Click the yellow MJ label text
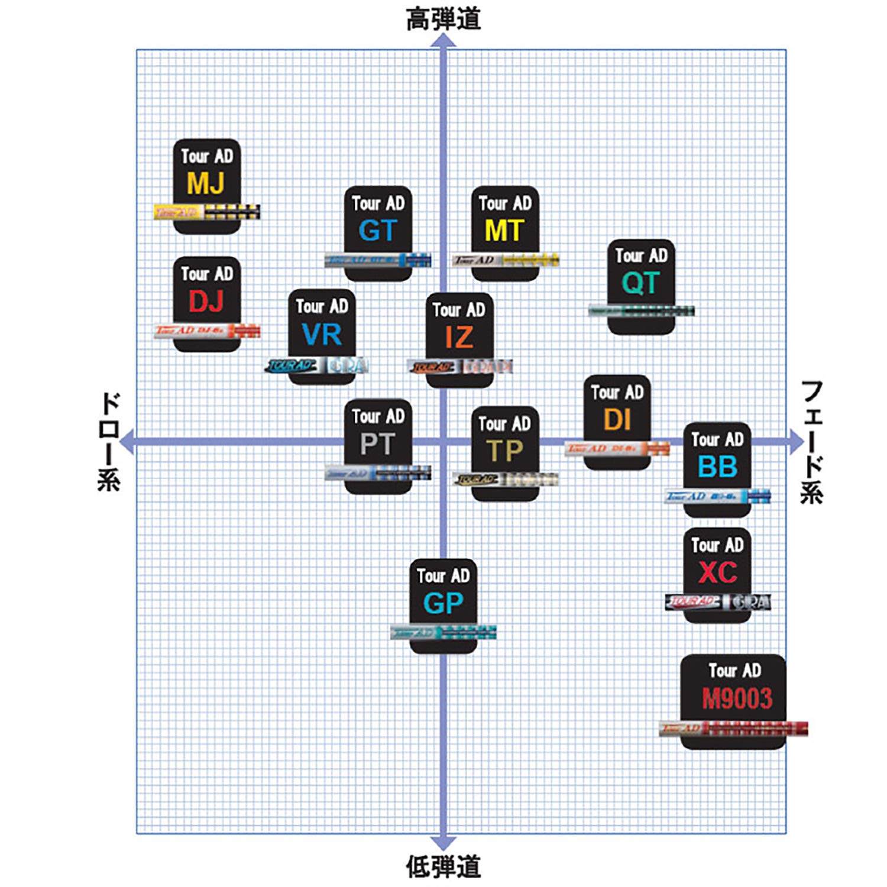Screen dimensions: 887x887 (x=206, y=183)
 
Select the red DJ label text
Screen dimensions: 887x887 (x=206, y=301)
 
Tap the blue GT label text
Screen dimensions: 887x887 (x=377, y=231)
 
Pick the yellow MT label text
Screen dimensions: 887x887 (x=504, y=231)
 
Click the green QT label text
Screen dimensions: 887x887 (x=640, y=283)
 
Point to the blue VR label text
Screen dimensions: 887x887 (x=322, y=335)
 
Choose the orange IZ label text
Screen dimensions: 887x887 (x=459, y=338)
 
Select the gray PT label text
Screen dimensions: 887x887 (x=377, y=444)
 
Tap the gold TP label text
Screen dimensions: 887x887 (x=504, y=451)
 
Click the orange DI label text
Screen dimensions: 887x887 (x=617, y=420)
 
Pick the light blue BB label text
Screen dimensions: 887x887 (x=717, y=467)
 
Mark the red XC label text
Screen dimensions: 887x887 (x=717, y=572)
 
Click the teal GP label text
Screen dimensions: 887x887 (x=443, y=604)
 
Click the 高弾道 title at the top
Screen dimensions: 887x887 (x=443, y=19)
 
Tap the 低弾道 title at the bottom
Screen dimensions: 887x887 (x=443, y=867)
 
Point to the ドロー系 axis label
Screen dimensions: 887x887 (x=109, y=441)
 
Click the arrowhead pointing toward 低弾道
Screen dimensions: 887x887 (x=443, y=843)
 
